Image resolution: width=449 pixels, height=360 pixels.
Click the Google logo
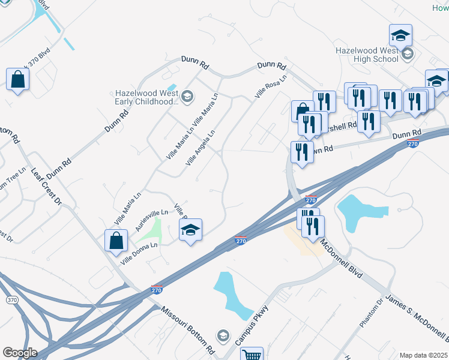pyautogui.click(x=19, y=353)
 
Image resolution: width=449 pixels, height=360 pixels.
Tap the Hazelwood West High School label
pyautogui.click(x=367, y=55)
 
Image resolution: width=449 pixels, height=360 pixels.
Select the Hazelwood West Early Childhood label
pyautogui.click(x=146, y=97)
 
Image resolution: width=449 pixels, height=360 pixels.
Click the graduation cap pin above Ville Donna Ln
pyautogui.click(x=191, y=230)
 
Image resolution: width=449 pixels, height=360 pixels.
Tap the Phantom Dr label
pyautogui.click(x=375, y=314)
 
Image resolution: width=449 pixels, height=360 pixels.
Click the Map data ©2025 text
pyautogui.click(x=424, y=355)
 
